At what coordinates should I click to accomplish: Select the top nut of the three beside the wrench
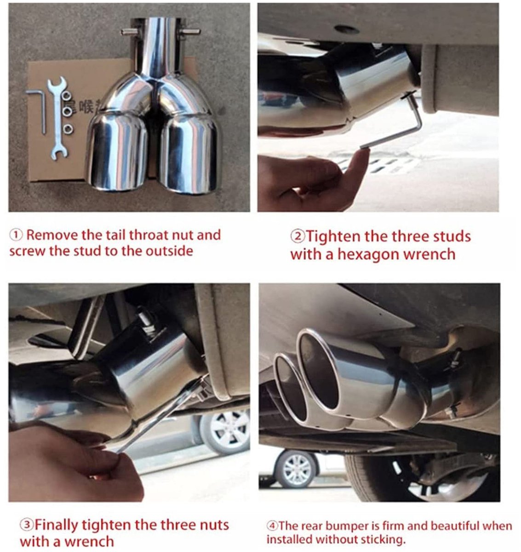67,95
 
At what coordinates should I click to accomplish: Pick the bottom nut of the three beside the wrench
68,129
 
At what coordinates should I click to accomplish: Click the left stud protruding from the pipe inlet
129,32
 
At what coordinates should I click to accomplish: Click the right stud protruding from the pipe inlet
190,31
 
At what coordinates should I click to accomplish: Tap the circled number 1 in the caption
16,236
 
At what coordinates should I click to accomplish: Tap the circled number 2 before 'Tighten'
298,237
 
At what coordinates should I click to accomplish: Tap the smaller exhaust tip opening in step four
290,388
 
